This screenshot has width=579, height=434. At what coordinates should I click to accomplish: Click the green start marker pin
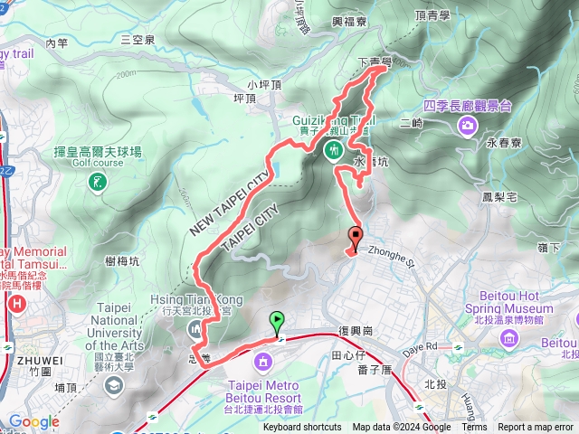click(x=276, y=320)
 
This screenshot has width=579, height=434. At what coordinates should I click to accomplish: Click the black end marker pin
click(x=355, y=237)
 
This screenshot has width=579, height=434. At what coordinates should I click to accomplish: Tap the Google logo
click(x=33, y=421)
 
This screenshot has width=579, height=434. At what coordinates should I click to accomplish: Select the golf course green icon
click(x=97, y=183)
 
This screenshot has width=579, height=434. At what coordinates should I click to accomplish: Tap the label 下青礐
click(x=375, y=62)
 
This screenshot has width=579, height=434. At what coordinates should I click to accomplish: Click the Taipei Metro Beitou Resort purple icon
click(x=262, y=363)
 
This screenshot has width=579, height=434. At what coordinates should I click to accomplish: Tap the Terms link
click(x=474, y=428)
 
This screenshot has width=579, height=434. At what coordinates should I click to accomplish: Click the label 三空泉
click(x=138, y=40)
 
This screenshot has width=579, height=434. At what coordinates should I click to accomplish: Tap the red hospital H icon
click(x=15, y=306)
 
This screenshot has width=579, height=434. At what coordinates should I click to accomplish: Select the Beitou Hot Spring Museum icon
click(x=509, y=339)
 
